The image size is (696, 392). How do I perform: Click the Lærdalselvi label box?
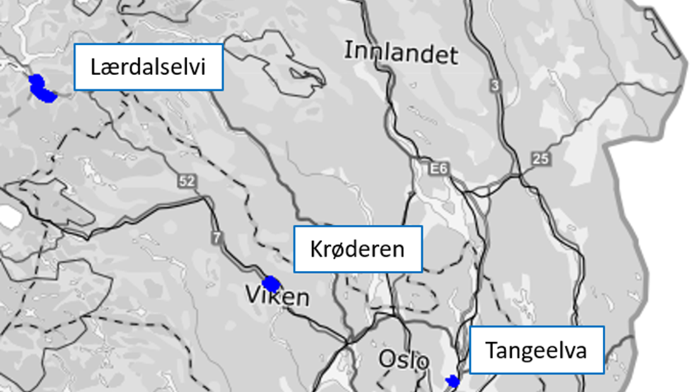149,67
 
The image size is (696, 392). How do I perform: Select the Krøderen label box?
358,249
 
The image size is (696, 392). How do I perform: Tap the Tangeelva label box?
536,350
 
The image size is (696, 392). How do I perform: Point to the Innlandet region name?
401,53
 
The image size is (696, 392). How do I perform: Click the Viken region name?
277,296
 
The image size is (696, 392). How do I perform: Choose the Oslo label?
404,360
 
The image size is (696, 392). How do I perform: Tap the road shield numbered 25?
540,159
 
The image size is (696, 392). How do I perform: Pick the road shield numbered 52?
187,182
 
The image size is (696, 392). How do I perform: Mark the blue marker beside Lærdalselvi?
42,89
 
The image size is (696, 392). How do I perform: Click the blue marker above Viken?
270,284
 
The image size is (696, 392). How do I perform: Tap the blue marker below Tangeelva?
452,381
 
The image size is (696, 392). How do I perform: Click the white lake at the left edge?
8,217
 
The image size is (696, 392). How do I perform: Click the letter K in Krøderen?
316,249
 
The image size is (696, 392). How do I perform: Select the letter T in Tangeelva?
492,350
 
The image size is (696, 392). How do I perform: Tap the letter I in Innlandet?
347,50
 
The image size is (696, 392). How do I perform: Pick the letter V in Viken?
252,295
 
